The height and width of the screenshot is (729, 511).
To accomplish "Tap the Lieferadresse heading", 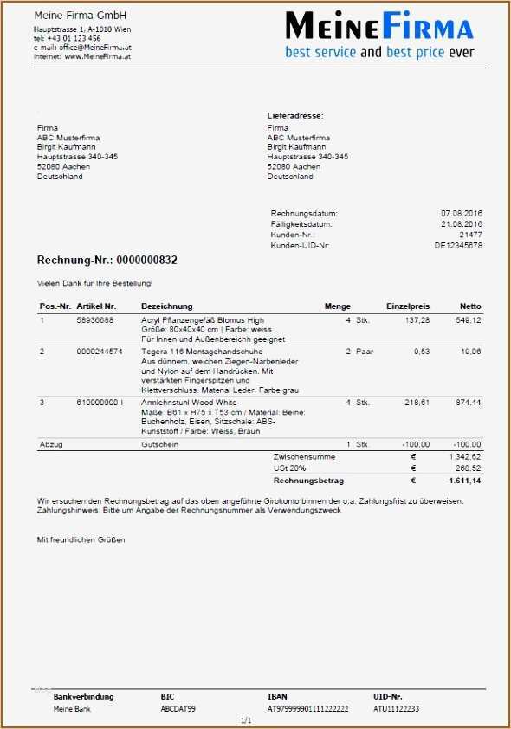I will point(295,115).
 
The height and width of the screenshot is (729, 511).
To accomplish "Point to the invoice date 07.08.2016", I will point(462,213).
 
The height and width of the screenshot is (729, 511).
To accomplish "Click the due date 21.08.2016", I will point(462,224).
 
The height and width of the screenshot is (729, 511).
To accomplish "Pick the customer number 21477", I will point(470,235).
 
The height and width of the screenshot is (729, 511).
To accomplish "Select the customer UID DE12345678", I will point(458,246).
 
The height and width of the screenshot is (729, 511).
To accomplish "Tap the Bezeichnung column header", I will point(166,306).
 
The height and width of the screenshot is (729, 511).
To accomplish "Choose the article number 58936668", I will point(94,320).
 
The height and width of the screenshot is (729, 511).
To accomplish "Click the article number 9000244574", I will point(99,351).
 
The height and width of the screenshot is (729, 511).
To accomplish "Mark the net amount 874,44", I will point(469,403).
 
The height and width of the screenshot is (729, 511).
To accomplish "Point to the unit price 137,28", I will point(417,320).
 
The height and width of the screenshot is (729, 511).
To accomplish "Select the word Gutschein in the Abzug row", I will point(159,444).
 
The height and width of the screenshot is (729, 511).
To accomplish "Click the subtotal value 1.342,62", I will point(465,456).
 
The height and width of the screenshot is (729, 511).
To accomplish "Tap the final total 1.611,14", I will point(465,480).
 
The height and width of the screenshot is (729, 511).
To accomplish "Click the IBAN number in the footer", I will point(307,709).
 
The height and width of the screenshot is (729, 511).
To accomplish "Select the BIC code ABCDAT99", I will point(178,709).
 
